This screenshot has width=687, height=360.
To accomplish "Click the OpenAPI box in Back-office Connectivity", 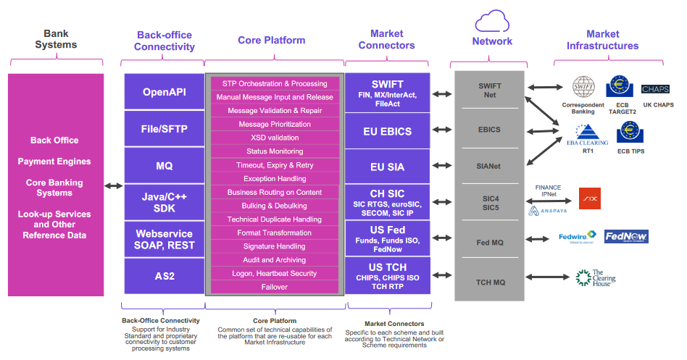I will [164, 92].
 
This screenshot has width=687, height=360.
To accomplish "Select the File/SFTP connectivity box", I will [164, 129].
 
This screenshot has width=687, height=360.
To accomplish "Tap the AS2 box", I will [164, 276].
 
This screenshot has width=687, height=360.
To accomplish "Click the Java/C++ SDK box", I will [164, 203].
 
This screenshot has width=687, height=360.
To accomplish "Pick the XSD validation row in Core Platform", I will [275, 138].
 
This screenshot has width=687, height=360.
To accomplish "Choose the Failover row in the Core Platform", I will [275, 287].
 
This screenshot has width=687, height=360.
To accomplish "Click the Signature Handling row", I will [275, 246].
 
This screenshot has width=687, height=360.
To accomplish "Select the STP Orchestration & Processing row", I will [275, 83].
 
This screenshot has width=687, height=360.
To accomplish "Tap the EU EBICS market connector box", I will [387, 132].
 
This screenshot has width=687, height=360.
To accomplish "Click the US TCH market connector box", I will [387, 275].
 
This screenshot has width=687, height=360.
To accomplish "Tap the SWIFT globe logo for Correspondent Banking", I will [583, 88].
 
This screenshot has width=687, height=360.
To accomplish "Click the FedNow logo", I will [626, 237].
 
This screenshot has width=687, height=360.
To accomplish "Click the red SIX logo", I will [589, 198].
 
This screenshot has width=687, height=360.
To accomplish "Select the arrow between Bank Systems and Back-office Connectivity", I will [114, 186].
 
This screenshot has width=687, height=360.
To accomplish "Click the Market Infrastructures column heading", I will [602, 40].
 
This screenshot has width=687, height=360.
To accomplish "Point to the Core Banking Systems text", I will [55, 188].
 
